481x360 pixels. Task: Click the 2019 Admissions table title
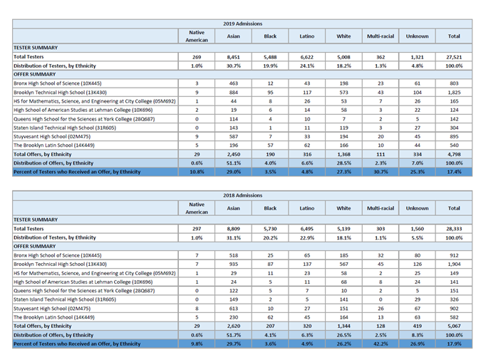point(243,24)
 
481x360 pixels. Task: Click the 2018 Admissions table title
point(243,195)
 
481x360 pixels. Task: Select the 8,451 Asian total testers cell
point(234,57)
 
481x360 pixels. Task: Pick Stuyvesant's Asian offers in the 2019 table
point(234,137)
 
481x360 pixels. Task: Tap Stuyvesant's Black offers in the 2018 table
point(270,309)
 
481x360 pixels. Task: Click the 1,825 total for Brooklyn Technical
point(454,93)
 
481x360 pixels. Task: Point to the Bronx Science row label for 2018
point(58,255)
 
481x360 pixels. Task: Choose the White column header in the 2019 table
point(343,36)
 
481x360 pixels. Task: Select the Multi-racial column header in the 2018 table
point(381,208)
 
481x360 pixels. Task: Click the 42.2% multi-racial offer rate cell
point(381,344)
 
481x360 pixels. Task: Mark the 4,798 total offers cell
point(454,155)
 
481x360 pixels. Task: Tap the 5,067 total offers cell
point(454,326)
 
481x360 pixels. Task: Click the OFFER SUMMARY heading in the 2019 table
point(35,74)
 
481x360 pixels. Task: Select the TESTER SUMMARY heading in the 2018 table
point(36,220)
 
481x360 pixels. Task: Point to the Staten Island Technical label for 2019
point(65,128)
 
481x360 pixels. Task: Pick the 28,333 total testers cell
point(454,229)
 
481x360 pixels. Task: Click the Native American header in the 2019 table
point(197,36)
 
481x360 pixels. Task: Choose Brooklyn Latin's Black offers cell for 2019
point(270,145)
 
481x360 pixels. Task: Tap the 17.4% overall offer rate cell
point(454,172)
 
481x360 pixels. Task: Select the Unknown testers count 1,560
point(417,229)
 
